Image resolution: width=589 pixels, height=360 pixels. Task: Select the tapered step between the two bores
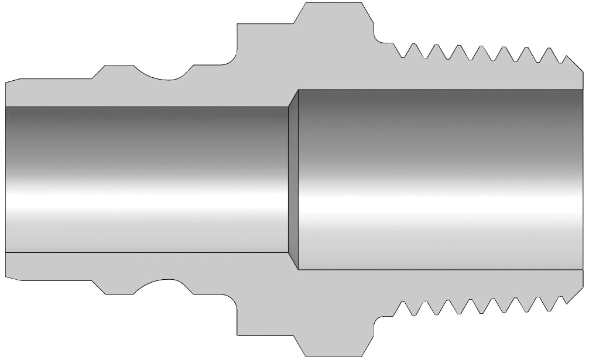(293, 179)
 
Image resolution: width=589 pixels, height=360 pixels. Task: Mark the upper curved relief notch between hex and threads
(383, 40)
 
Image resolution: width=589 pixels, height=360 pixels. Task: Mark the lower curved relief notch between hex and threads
(383, 319)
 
